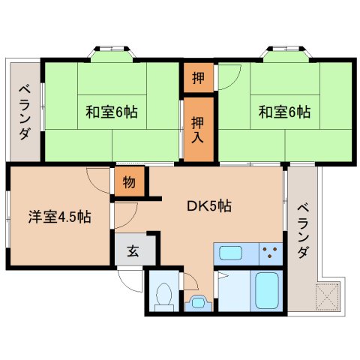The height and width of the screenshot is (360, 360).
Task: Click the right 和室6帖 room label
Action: point(284,112)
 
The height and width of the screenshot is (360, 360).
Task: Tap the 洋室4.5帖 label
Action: point(60,217)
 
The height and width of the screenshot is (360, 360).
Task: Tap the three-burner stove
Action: point(271,253)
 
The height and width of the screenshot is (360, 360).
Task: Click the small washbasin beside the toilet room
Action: point(197,304)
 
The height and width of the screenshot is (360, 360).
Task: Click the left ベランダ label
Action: point(25,112)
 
